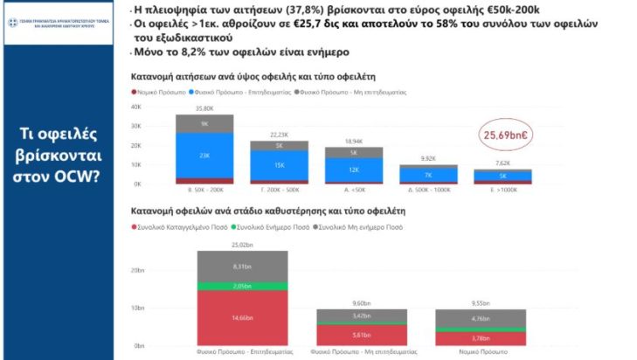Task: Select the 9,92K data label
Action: (427, 158)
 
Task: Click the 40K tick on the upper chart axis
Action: (136, 107)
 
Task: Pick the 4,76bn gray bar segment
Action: (479, 319)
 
